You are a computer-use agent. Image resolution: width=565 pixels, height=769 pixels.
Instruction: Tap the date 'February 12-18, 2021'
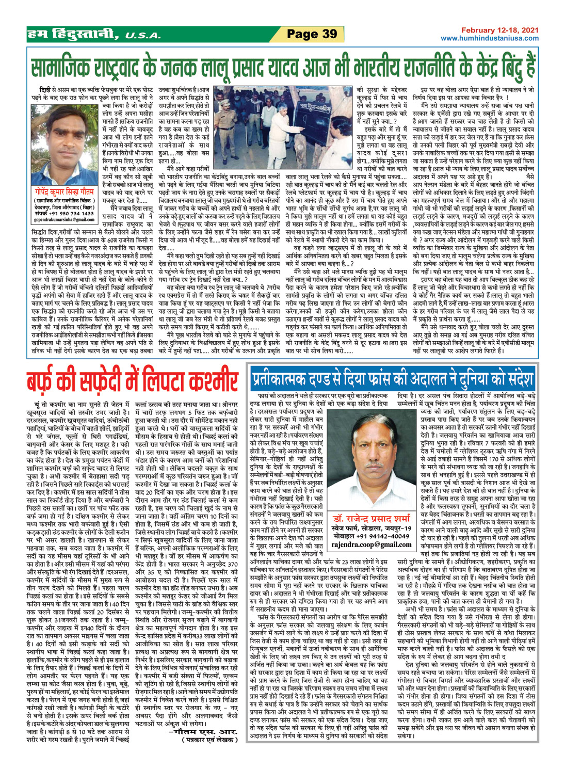click(x=499, y=30)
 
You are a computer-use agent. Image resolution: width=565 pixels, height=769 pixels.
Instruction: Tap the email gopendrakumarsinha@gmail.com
click(x=64, y=219)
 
